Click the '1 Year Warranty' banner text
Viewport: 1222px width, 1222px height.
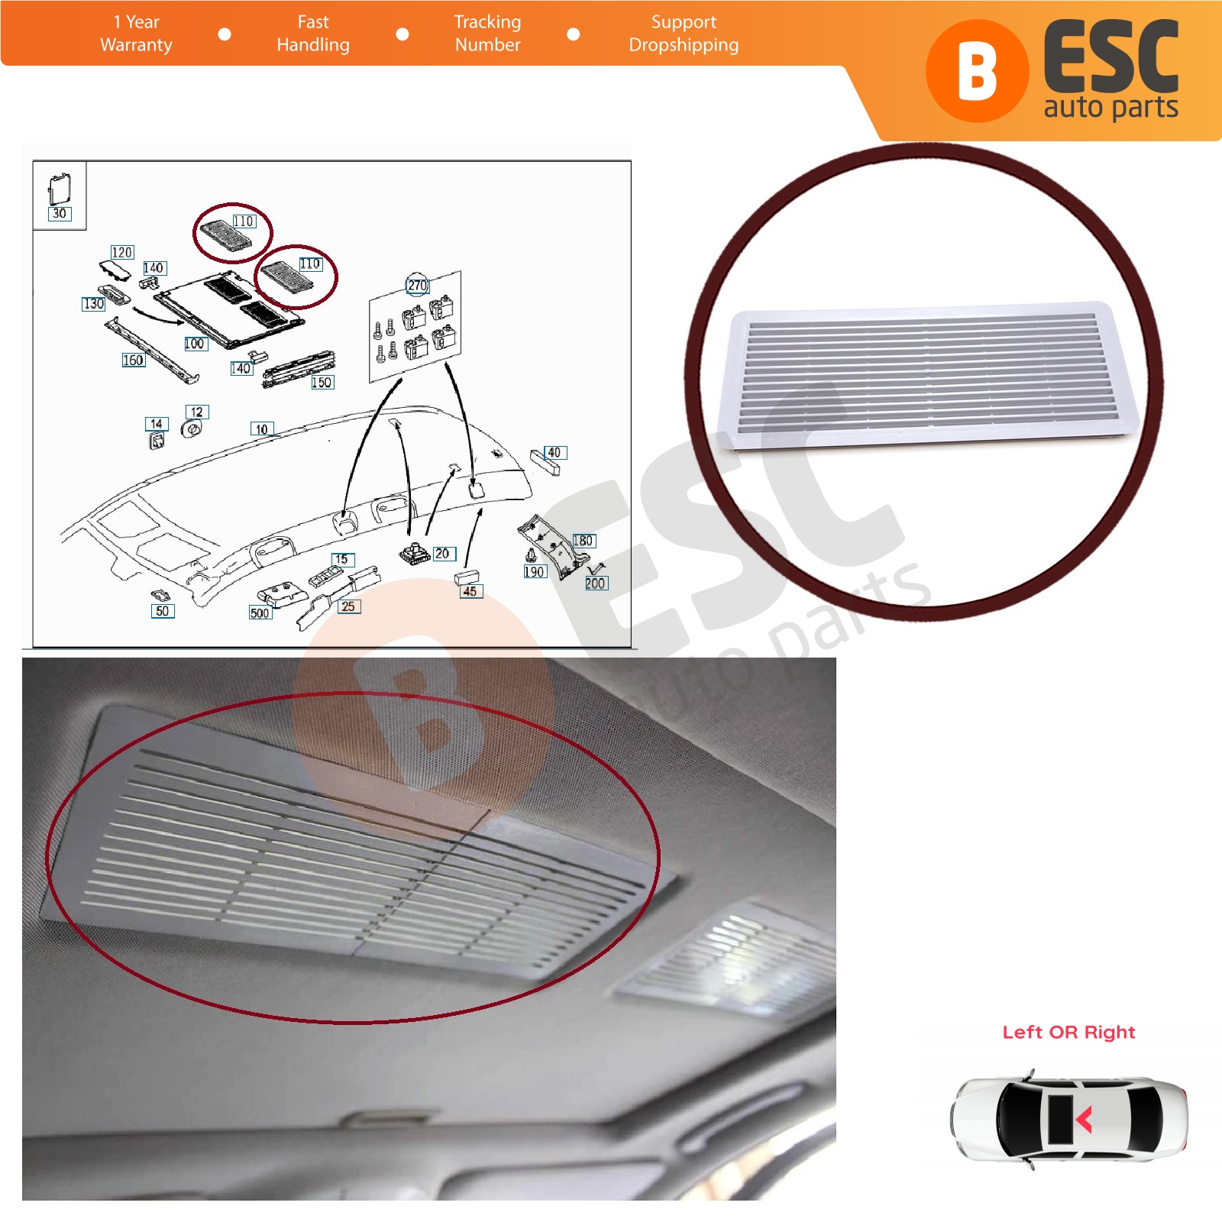pos(136,34)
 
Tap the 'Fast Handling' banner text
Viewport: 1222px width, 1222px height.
pos(313,34)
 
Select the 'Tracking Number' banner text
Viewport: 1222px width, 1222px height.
pos(487,34)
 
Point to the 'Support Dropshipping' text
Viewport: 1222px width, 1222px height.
pos(684,34)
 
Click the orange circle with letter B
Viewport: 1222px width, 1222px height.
pos(978,71)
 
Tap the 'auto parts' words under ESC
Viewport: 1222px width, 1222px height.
pos(1111,107)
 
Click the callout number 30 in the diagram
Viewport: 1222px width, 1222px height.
pos(60,214)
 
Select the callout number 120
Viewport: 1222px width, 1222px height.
pos(122,252)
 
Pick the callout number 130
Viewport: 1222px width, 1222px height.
pos(93,304)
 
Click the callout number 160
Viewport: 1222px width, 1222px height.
pos(133,360)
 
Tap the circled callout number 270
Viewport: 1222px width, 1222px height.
pos(417,286)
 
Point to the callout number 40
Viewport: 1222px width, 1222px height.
pos(554,453)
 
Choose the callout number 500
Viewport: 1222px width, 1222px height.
pos(260,613)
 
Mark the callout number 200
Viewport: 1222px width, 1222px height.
pos(596,584)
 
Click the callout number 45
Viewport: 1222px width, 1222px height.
pos(470,591)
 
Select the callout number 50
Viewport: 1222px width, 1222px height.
pos(163,611)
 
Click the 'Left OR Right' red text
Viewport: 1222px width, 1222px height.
pos(1069,1033)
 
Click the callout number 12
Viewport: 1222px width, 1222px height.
pos(197,412)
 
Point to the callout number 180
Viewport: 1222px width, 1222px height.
pos(584,541)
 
